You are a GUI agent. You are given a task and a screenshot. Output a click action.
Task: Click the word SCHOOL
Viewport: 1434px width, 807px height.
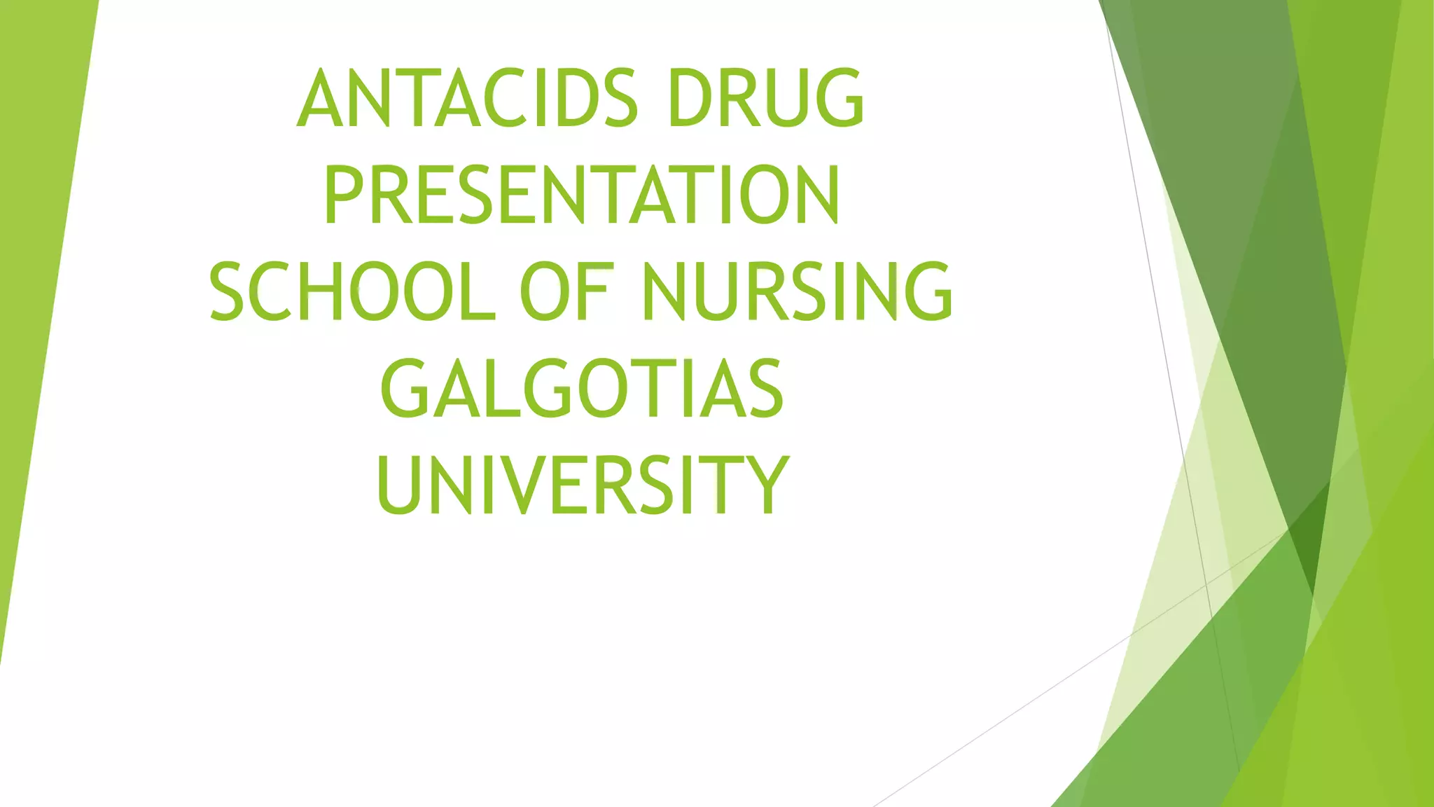(352, 291)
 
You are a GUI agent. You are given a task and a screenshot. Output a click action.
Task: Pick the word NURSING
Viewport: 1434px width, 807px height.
(797, 291)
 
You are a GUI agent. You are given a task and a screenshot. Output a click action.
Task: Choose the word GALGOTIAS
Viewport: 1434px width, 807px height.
(581, 388)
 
